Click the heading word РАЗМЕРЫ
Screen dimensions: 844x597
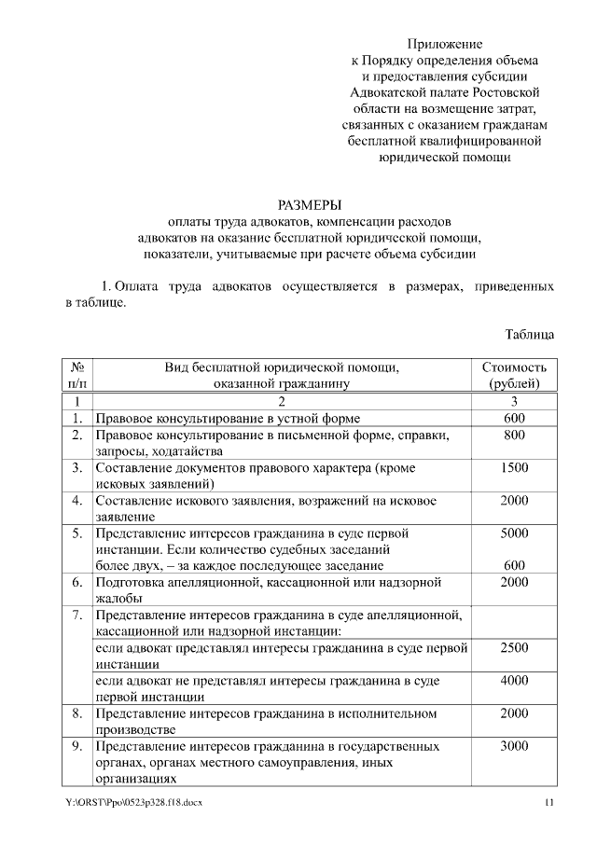(309, 204)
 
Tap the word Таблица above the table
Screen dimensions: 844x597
(530, 333)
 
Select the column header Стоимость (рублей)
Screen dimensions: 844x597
(514, 375)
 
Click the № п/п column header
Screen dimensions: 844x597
(77, 375)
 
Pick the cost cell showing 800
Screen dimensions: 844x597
(514, 436)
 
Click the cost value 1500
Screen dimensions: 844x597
(514, 468)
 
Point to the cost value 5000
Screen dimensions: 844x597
(514, 533)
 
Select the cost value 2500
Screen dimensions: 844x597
(514, 647)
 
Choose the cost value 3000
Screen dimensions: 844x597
(514, 746)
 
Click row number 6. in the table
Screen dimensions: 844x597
(77, 582)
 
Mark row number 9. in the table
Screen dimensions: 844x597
(77, 746)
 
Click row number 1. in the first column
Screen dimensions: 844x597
(77, 419)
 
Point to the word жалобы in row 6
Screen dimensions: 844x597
(119, 598)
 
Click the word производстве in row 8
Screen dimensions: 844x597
(135, 729)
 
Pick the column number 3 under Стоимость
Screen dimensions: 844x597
(514, 402)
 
